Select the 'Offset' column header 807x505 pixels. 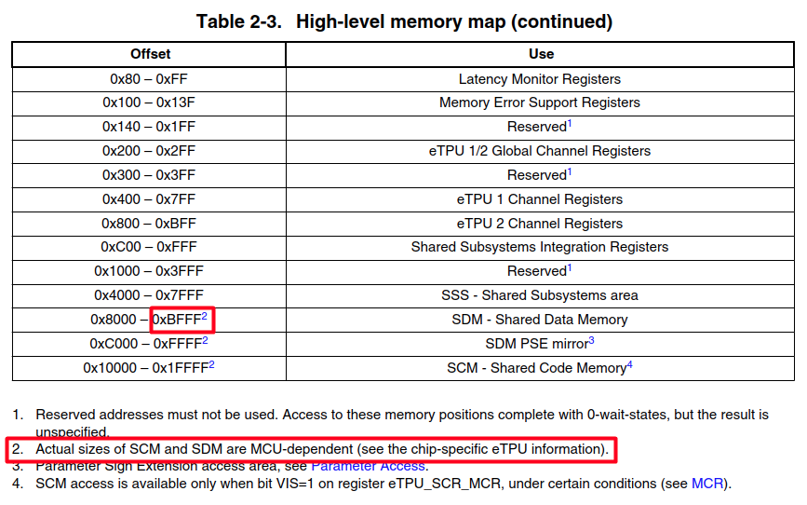coord(149,54)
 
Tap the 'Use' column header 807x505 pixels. coord(541,54)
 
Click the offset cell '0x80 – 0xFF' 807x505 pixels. coord(149,79)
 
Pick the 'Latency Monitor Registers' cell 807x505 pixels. coord(539,79)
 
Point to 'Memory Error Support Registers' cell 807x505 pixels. coord(539,102)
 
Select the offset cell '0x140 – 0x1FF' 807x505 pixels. coord(149,127)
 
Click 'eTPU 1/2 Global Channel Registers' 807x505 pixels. coord(539,151)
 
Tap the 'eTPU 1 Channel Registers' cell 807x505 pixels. coord(539,199)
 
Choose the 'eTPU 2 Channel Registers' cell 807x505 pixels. coord(539,224)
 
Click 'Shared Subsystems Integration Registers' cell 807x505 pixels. coord(539,247)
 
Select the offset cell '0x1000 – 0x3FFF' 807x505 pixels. coord(149,271)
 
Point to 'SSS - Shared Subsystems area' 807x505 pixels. coord(539,295)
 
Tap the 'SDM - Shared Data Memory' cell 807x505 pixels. coord(539,320)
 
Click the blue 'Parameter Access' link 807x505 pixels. coord(368,465)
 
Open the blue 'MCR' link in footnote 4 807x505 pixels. coord(705,484)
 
